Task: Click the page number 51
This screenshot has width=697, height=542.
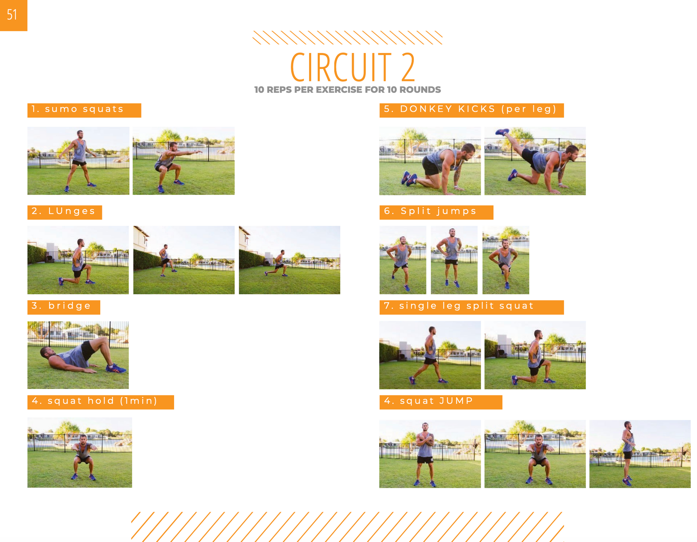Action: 12,15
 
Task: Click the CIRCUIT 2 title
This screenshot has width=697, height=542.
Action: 352,67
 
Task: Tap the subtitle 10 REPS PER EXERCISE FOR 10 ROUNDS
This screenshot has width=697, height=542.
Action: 347,90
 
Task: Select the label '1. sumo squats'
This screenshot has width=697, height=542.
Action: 77,109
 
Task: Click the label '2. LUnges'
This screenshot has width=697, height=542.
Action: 64,211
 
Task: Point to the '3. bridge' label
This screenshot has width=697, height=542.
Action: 61,306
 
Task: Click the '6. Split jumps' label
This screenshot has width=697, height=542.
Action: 430,211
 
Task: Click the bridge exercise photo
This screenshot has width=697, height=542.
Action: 78,355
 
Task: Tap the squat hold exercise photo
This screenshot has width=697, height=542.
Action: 80,452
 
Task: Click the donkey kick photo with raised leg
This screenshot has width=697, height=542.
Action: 535,161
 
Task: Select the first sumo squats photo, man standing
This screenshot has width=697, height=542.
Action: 78,161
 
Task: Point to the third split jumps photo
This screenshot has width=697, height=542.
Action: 506,260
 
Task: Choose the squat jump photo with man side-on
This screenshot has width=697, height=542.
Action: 640,454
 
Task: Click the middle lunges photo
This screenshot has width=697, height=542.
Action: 184,260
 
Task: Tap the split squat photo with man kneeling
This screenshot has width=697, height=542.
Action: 535,355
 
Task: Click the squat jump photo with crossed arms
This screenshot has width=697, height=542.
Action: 430,454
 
